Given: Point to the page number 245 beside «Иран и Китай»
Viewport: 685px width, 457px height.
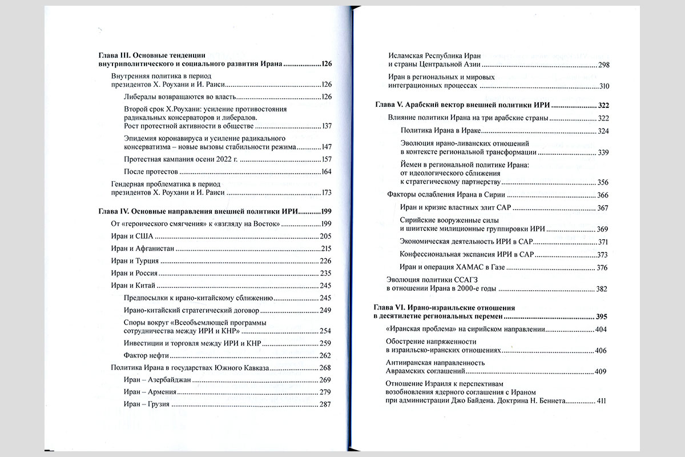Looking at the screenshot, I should (x=326, y=286).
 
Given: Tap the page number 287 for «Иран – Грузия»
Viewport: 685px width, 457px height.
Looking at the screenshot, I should (x=326, y=405).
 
